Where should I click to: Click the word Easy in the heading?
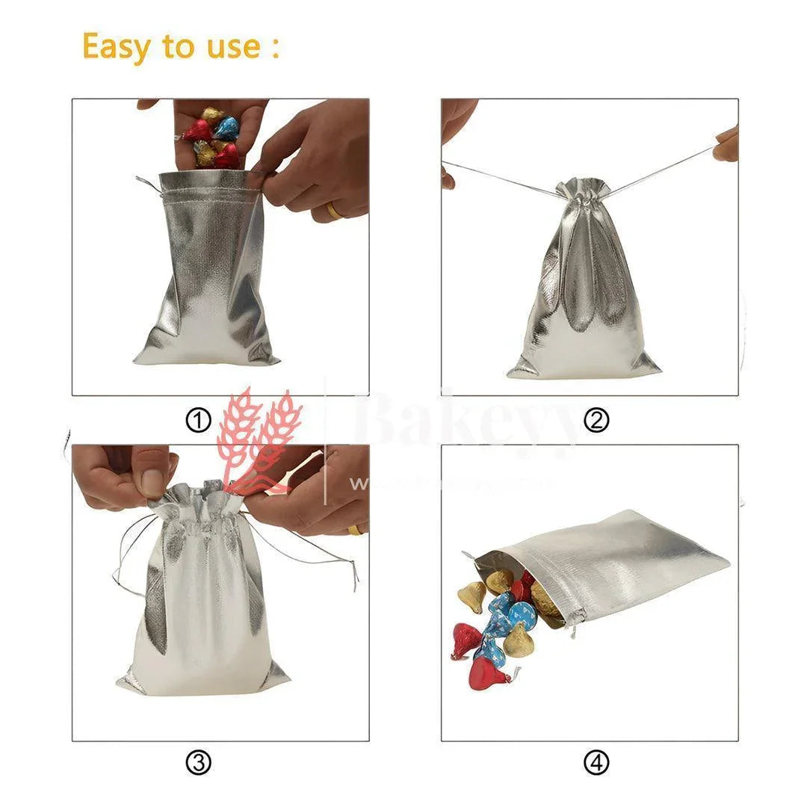(120, 46)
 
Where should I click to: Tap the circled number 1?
(198, 421)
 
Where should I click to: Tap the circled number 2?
(596, 421)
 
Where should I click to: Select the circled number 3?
(198, 763)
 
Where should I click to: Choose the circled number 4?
(596, 763)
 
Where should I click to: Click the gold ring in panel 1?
(335, 211)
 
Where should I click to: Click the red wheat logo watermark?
(258, 441)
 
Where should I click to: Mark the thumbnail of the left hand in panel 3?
(154, 483)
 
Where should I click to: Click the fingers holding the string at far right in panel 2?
(726, 143)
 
